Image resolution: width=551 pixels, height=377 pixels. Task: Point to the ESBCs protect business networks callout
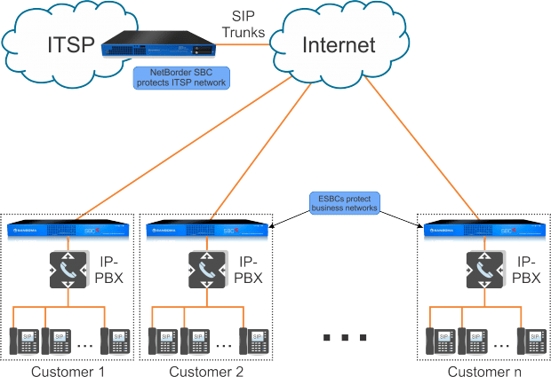click(x=344, y=202)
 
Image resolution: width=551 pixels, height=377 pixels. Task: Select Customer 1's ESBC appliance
click(x=68, y=230)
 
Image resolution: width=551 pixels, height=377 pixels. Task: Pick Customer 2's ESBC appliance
click(x=207, y=230)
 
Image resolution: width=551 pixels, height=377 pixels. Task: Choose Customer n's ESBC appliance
click(x=483, y=230)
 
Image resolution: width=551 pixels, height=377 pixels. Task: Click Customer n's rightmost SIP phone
click(x=531, y=342)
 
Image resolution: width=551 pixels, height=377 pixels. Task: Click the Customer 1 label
click(x=68, y=371)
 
